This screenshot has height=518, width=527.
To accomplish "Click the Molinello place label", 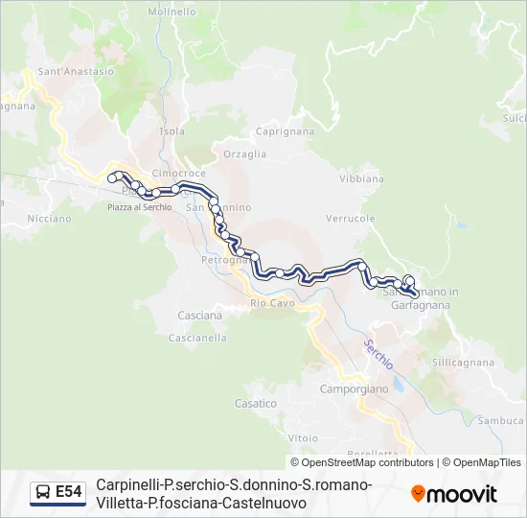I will (x=172, y=12).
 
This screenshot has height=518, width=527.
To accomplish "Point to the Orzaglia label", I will (x=244, y=153).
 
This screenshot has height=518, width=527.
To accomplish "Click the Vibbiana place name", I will (x=361, y=178).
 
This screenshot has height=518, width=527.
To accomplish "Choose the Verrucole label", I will (x=350, y=219).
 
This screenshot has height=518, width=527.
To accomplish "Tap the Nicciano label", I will (x=49, y=218).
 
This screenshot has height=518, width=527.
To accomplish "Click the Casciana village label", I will (x=199, y=316).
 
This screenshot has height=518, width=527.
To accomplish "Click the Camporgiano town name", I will (x=355, y=389).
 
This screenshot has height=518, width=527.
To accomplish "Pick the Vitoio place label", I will (x=302, y=437).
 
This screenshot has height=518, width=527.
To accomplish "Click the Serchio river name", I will (x=378, y=355).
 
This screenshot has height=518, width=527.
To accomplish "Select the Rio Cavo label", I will (x=272, y=303).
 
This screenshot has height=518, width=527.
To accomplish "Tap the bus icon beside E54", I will (x=43, y=493).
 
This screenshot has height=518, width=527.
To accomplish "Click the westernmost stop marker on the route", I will (x=113, y=177).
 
